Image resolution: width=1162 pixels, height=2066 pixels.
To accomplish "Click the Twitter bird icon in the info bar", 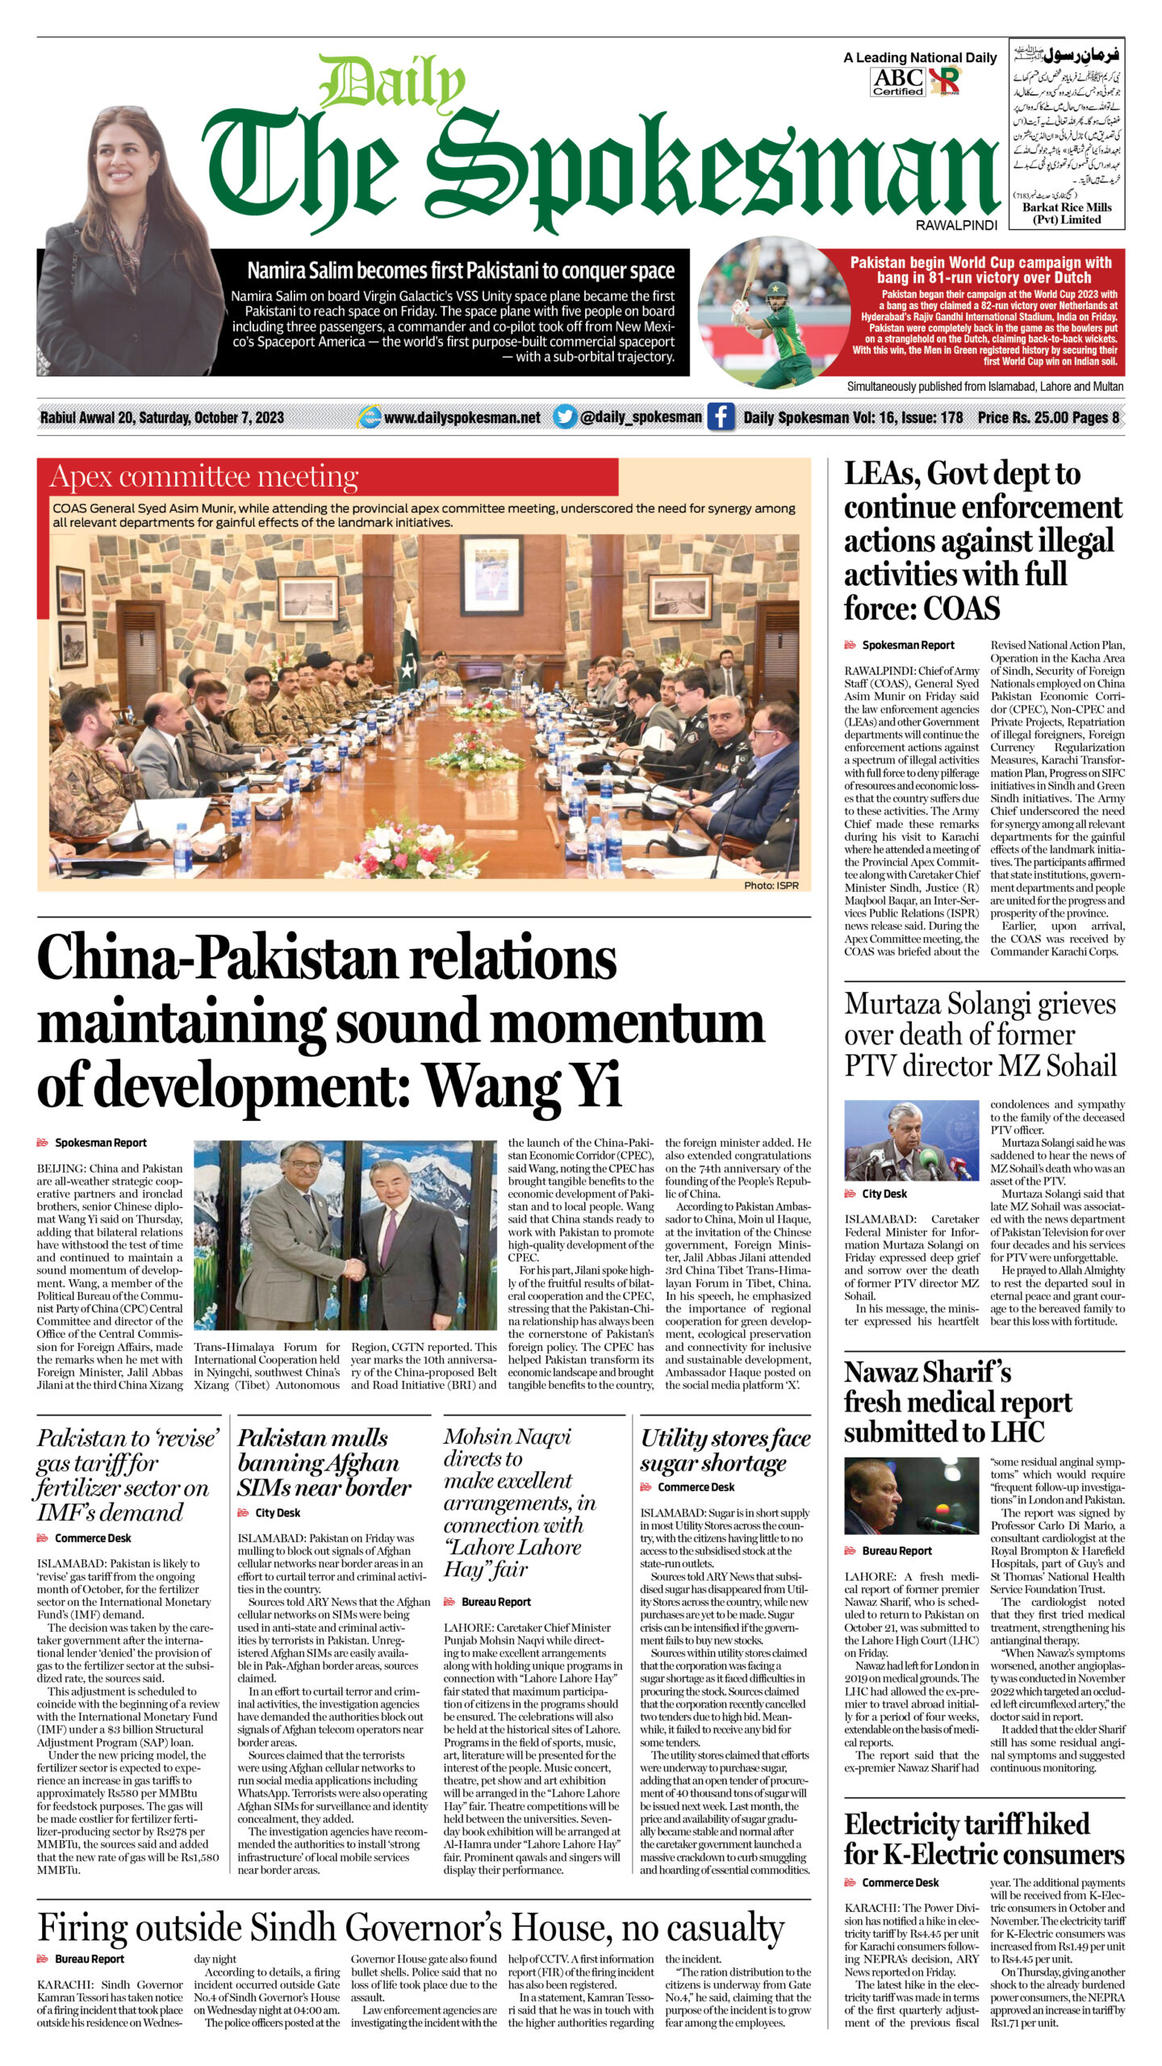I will point(565,416).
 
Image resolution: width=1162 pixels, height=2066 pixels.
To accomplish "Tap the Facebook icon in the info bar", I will point(721,416).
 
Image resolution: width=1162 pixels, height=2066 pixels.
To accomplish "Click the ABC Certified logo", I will point(898,82).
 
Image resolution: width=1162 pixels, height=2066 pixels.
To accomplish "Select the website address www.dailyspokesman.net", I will point(462,417).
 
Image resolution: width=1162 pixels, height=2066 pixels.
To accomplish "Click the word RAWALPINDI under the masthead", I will point(956,226).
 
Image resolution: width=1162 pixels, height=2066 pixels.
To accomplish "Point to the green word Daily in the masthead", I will point(393,83).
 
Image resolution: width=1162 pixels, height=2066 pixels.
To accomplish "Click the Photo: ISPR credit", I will point(771,885).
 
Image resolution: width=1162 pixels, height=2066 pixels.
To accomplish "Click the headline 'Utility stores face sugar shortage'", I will point(725,1450).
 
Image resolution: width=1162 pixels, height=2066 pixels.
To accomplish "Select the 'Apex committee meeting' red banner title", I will point(204,477).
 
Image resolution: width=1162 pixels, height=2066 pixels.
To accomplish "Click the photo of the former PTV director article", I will point(912,1140).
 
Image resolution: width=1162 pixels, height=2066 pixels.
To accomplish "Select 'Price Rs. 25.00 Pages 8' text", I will point(1048,417).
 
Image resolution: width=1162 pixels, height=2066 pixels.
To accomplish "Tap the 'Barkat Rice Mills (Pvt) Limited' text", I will point(1067,213).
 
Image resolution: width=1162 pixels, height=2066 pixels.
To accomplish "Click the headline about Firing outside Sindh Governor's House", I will point(411,1928).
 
